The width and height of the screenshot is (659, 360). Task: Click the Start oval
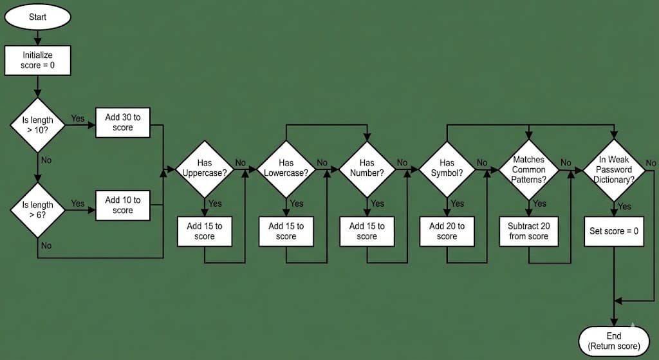tap(38, 17)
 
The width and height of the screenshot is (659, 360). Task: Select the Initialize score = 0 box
tap(38, 61)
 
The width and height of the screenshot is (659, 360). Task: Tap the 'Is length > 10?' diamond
tap(38, 124)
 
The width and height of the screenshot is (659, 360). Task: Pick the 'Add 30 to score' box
tap(123, 122)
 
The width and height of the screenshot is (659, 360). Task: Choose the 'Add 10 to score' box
tap(123, 205)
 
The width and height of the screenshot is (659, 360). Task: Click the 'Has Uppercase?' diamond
tap(205, 168)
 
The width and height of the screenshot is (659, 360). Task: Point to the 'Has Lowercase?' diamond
tap(286, 168)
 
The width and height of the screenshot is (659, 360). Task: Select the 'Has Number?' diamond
tap(367, 168)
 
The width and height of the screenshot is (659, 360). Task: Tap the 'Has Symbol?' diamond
tap(447, 168)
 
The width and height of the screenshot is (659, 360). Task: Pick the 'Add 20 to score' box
tap(447, 231)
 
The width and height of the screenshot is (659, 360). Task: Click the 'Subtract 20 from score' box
tap(529, 231)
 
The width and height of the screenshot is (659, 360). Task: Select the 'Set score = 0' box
tap(615, 231)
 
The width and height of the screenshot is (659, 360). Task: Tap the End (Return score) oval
tap(614, 341)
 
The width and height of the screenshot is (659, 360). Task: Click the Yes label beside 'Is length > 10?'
tap(78, 118)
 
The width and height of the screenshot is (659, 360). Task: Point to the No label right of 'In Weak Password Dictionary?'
tap(651, 163)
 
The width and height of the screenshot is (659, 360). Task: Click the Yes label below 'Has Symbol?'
tap(458, 204)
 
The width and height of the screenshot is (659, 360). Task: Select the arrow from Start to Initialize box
tap(38, 37)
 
